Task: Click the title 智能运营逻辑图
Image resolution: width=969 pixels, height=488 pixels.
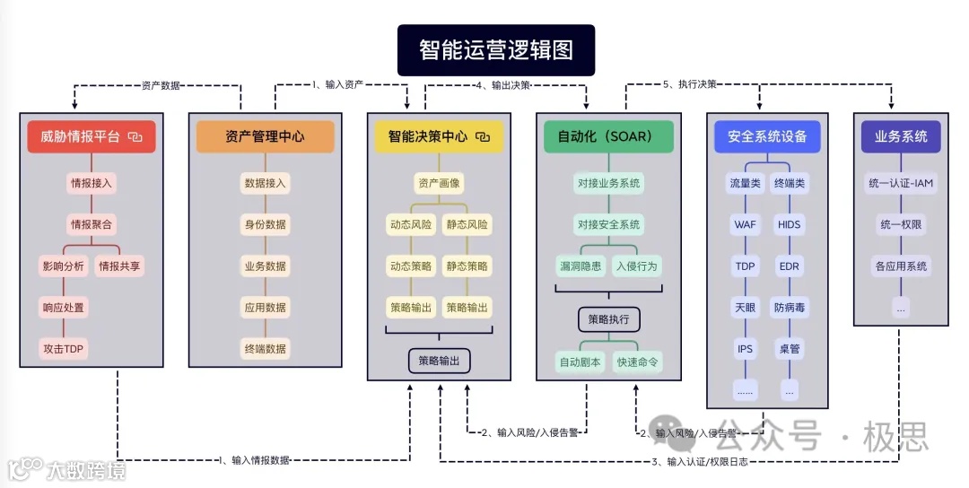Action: point(496,50)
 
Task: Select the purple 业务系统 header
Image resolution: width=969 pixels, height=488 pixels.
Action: point(900,137)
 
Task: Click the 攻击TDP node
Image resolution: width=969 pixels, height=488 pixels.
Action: point(65,348)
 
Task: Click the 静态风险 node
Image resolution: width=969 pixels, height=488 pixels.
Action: point(467,224)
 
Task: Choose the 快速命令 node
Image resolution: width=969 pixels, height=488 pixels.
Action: point(637,363)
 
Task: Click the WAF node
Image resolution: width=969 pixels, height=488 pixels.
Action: point(745,224)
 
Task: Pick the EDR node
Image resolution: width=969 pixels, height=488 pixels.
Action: point(790,266)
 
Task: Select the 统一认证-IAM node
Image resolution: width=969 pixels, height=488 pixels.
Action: point(901,184)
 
